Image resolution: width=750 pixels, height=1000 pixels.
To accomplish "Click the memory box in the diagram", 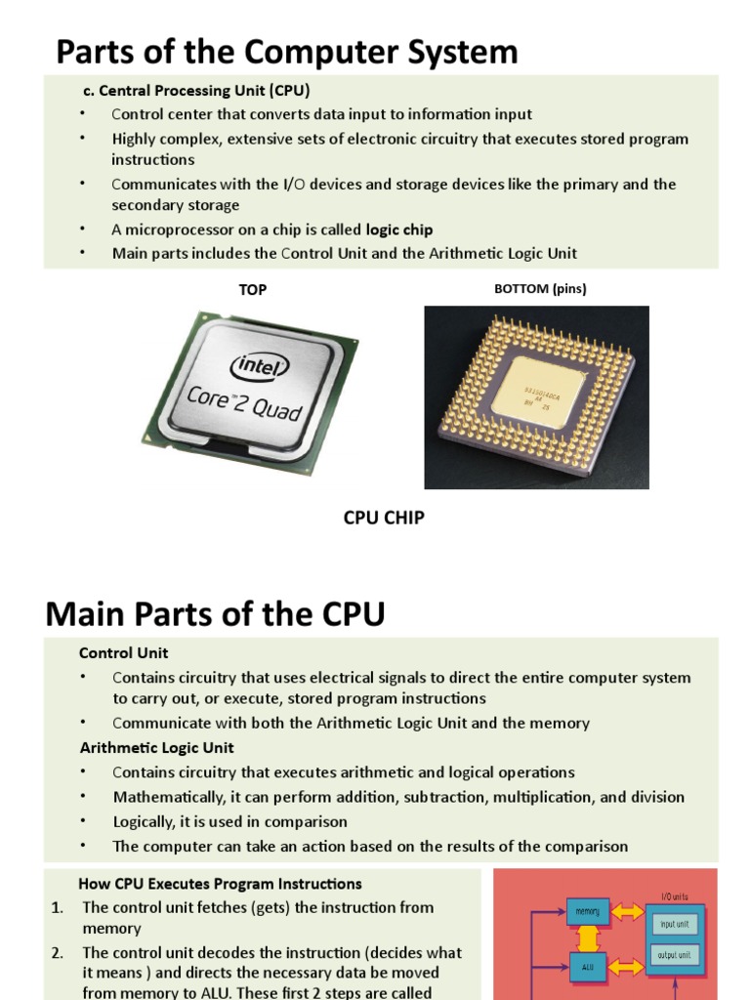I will [588, 911].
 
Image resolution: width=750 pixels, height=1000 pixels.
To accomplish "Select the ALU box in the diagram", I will [588, 968].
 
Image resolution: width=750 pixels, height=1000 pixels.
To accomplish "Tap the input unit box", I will [674, 924].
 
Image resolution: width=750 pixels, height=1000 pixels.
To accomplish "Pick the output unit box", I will [674, 955].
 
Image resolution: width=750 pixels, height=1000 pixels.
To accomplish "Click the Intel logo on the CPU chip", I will [260, 368].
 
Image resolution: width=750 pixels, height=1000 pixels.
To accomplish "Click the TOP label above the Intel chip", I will [252, 290].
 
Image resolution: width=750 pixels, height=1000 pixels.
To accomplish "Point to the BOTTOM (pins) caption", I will [540, 289].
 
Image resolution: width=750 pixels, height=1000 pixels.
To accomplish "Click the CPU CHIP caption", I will [384, 518].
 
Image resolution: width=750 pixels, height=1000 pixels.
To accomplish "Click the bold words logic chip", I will [399, 229].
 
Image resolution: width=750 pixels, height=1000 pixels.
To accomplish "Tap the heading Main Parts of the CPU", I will [215, 615].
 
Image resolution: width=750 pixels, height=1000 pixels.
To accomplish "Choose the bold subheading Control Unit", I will [123, 652].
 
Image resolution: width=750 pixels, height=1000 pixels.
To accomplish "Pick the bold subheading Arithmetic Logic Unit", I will [156, 748].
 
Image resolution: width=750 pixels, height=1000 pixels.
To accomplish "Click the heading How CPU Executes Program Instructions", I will [220, 884].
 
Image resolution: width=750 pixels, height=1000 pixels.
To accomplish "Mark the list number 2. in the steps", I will [58, 952].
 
